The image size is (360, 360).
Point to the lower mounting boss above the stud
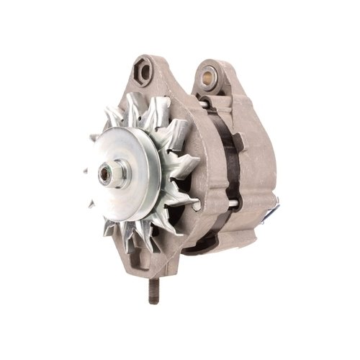[x=154, y=266]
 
